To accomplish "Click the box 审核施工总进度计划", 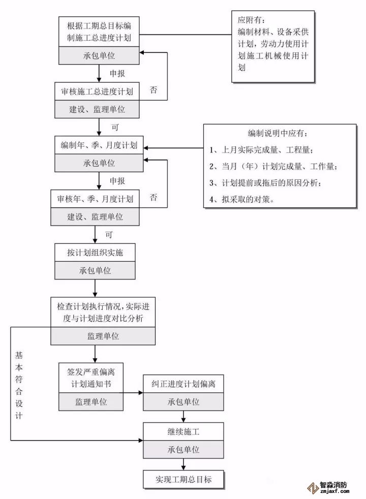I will (97, 92).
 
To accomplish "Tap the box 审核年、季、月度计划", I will (95, 199).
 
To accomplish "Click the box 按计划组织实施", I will (95, 253).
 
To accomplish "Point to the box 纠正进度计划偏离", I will (184, 384).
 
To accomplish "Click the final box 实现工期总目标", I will (184, 479).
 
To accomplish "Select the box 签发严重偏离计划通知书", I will (91, 377).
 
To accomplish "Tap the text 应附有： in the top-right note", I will (251, 21).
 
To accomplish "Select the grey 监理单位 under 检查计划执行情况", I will (103, 336).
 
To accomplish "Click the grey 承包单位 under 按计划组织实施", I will (95, 270).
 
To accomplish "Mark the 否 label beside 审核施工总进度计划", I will (154, 90).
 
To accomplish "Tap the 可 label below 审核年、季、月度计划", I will (108, 235).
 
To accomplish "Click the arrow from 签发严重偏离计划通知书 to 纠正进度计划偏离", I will (133, 392).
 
